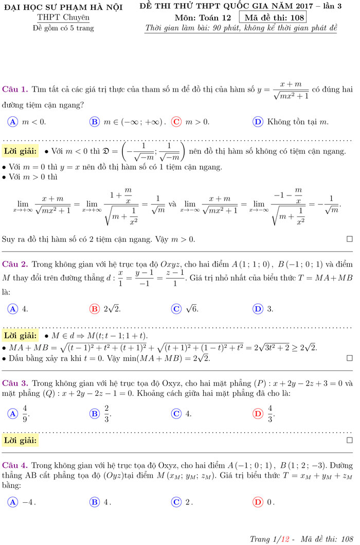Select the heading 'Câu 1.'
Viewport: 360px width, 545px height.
[15, 89]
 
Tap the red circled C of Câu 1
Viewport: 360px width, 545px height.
[176, 122]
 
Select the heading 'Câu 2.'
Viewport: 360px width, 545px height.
[15, 264]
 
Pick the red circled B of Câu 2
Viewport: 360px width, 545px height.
[95, 309]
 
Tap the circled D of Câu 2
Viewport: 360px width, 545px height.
[258, 309]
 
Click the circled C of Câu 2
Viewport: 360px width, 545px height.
[176, 309]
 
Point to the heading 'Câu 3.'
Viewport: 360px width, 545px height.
[15, 383]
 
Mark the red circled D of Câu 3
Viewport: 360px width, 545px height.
[258, 413]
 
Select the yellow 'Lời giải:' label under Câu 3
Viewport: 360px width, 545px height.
[20, 441]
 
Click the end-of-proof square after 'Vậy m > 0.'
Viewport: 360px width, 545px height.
[350, 240]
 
